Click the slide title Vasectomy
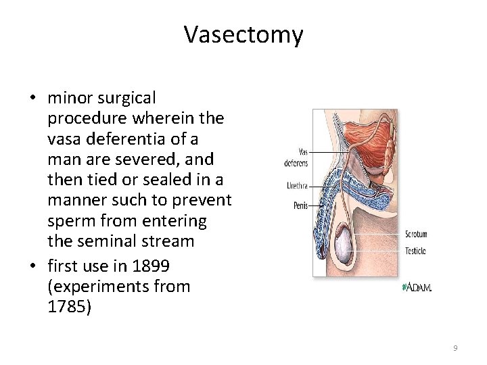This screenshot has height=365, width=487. (x=243, y=34)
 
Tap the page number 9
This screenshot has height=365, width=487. (x=455, y=347)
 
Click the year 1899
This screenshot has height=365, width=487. (x=152, y=266)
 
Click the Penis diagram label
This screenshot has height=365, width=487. (x=300, y=205)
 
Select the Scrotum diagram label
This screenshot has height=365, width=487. (x=416, y=235)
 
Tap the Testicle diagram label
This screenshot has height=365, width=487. (x=415, y=251)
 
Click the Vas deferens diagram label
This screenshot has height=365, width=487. (x=295, y=157)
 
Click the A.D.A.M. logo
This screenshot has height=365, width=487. (x=417, y=287)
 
